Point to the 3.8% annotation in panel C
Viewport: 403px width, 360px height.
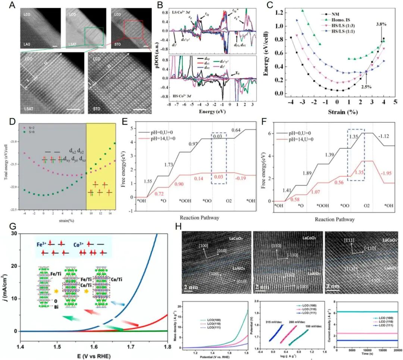tap(381, 24)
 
